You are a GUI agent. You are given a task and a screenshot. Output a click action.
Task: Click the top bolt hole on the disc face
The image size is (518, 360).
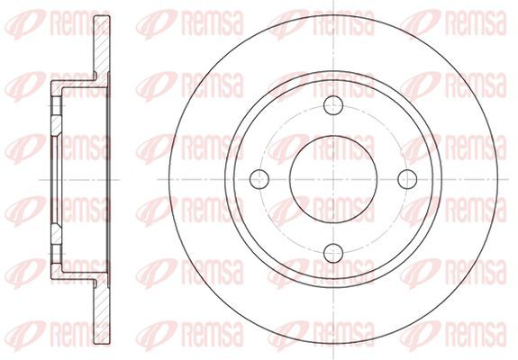click(x=333, y=105)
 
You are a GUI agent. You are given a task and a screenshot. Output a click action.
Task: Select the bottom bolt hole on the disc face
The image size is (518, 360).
click(x=333, y=253)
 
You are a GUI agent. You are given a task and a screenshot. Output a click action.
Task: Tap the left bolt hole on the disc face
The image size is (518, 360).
click(x=259, y=179)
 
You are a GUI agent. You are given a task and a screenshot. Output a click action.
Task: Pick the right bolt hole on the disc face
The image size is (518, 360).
click(x=407, y=179)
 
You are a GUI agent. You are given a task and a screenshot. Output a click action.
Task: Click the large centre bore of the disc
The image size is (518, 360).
click(x=333, y=179)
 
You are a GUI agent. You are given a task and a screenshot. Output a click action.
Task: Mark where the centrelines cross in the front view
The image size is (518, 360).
click(x=333, y=179)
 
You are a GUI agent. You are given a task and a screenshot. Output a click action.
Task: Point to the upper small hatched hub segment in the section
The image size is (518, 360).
click(x=56, y=125)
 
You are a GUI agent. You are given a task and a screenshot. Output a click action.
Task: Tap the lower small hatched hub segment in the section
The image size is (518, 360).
click(x=56, y=234)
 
